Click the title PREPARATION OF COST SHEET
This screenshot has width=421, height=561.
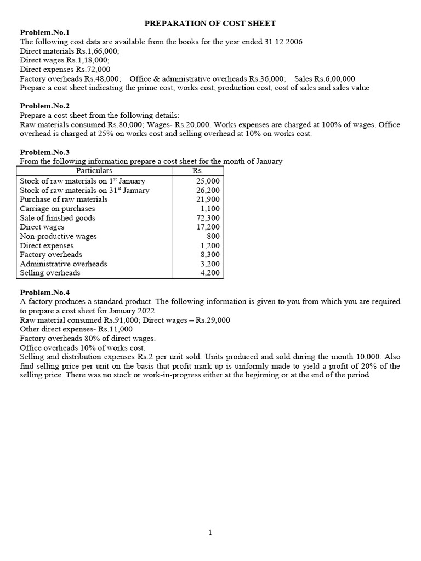[x=210, y=24]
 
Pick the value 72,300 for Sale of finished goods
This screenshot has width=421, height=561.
[x=208, y=218]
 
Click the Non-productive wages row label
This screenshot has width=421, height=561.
[x=58, y=236]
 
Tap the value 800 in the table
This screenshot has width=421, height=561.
[x=213, y=236]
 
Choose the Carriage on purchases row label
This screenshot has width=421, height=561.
[x=57, y=209]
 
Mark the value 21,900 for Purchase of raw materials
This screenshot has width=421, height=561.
[x=208, y=199]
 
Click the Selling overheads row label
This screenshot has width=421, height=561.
[x=50, y=273]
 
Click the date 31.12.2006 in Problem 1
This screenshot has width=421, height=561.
[x=281, y=42]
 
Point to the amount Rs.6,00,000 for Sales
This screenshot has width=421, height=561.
[x=334, y=79]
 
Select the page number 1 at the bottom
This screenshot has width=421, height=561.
[x=210, y=532]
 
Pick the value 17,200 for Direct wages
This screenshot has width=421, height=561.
[x=208, y=227]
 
